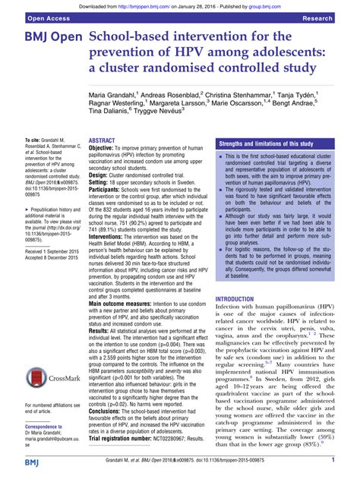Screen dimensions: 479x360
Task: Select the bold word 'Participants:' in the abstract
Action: pos(109,190)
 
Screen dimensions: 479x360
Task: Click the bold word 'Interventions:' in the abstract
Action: pos(112,236)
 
